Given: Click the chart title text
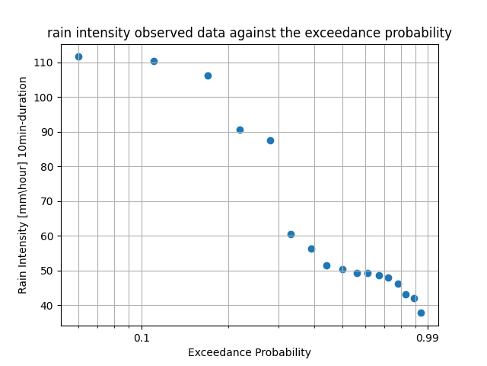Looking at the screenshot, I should pos(249,34).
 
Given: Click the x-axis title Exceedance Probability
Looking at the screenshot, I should pos(249,353).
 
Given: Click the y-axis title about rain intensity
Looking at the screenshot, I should pos(23,185).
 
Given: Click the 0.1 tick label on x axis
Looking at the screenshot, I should pos(142,338).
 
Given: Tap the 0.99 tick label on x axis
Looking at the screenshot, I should pos(427,338).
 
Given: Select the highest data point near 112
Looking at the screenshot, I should pos(78,56).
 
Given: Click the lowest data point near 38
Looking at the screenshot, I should pos(421,313).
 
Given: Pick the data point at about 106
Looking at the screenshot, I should pos(208,75).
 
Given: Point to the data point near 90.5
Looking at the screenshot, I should pos(240,130).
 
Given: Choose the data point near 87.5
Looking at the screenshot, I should pos(270,140).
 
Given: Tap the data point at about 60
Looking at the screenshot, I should pos(291,234).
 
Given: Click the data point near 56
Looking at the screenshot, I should pos(311,249).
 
